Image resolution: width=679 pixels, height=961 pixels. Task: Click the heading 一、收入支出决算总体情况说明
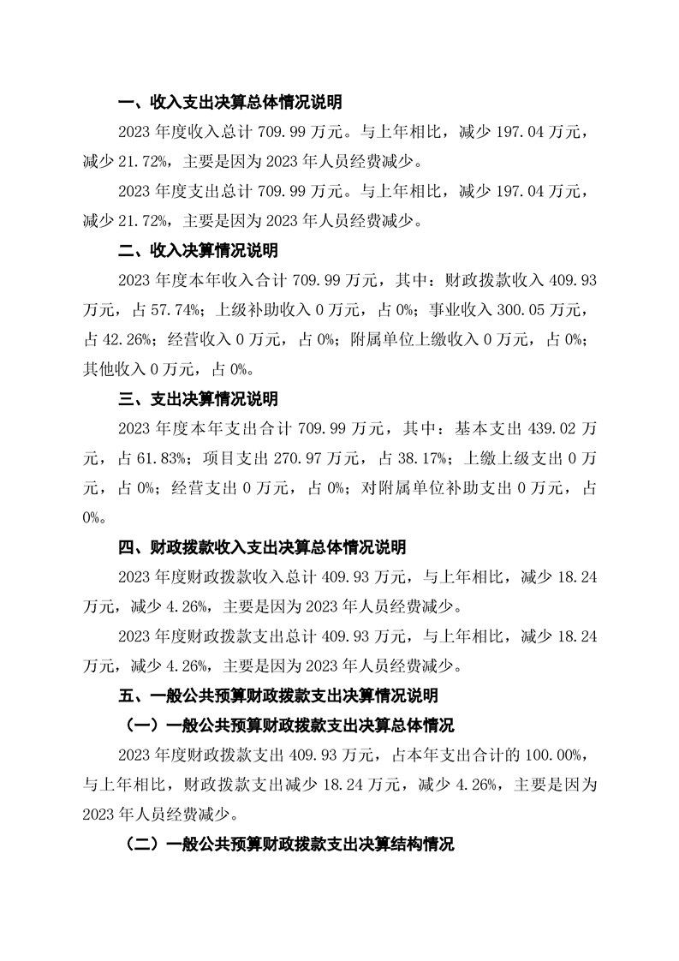pyautogui.click(x=229, y=104)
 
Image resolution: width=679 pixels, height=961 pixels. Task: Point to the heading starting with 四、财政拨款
pyautogui.click(x=261, y=547)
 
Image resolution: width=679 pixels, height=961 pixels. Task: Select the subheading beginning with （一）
pyautogui.click(x=289, y=725)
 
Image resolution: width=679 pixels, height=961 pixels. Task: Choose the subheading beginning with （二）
pyautogui.click(x=289, y=844)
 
